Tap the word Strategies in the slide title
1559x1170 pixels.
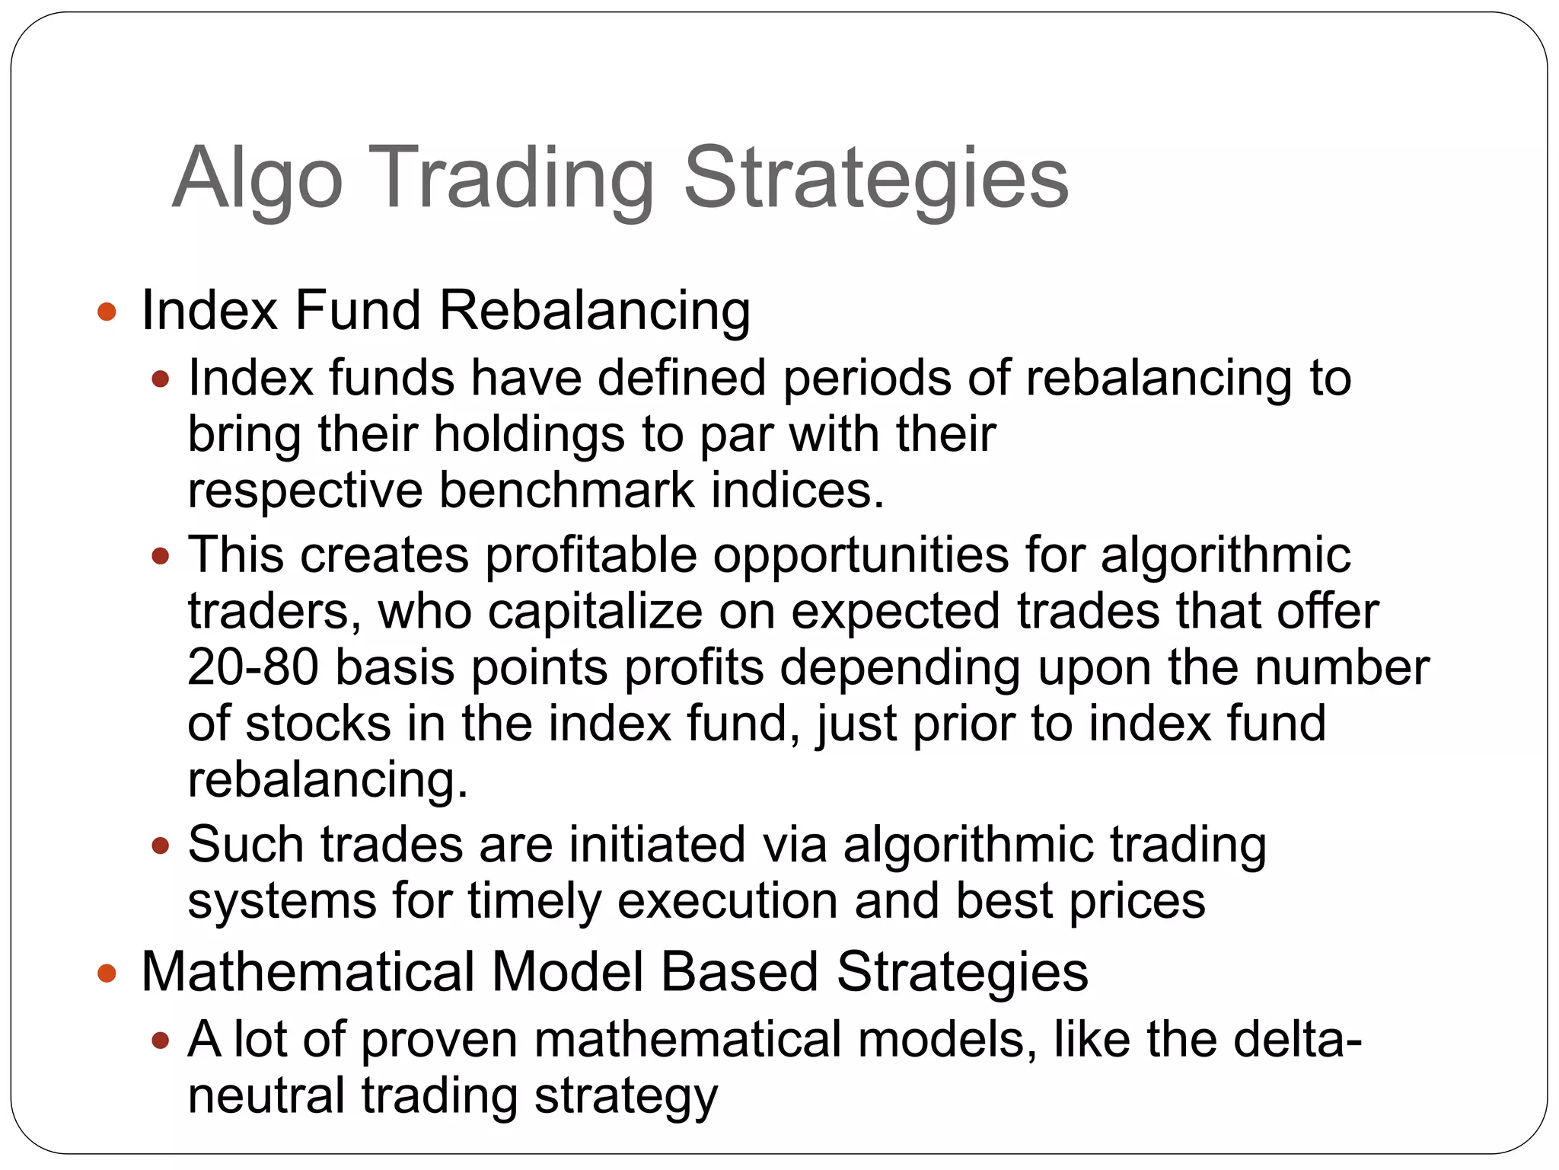point(875,179)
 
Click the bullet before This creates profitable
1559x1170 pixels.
point(160,556)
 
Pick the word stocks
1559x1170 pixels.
point(317,723)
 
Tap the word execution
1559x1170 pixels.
point(727,900)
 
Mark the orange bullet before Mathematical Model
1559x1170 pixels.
point(107,973)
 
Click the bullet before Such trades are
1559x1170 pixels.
point(160,846)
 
